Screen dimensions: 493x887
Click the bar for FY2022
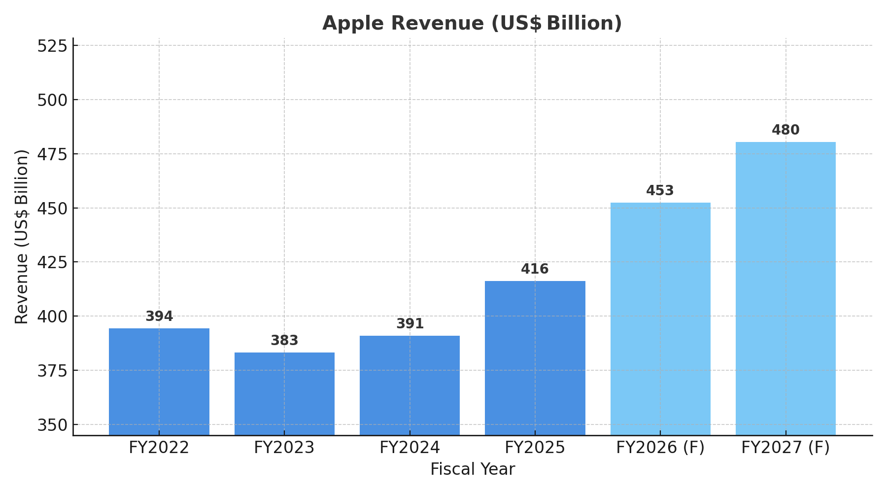coord(159,382)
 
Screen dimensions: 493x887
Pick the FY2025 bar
coord(535,358)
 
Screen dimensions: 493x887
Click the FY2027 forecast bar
coord(785,288)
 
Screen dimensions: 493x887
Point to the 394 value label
coord(159,317)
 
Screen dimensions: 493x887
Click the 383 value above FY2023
coord(284,341)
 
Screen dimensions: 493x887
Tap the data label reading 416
coord(535,269)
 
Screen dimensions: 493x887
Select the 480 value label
coord(785,130)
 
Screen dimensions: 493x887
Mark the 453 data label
coord(660,191)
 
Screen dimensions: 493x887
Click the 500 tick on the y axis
coord(52,100)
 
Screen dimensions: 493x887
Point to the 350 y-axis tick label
coord(52,425)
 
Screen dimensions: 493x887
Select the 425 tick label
coord(52,262)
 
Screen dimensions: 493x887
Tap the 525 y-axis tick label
coord(52,46)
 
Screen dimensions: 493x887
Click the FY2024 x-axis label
coord(409,448)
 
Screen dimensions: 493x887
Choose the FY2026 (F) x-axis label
coord(660,448)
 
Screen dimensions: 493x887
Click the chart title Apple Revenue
coord(472,23)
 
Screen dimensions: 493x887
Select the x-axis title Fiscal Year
coord(472,469)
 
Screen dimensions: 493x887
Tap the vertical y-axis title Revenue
coord(22,237)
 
